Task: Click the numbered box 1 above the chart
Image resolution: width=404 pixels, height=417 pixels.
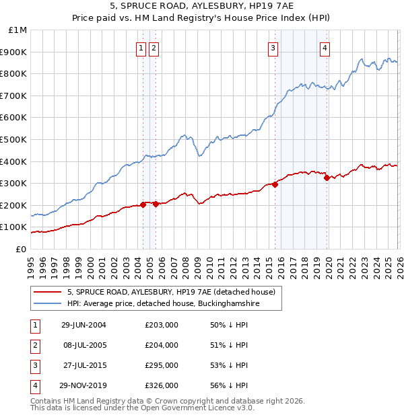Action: (141, 48)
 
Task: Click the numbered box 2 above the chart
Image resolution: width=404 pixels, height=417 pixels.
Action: (154, 48)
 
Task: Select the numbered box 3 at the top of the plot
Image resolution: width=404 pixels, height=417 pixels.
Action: (273, 48)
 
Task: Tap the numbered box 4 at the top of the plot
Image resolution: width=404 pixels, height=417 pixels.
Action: (325, 48)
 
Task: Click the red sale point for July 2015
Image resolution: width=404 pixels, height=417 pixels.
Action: (275, 184)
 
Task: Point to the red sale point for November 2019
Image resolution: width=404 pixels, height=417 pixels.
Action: (327, 178)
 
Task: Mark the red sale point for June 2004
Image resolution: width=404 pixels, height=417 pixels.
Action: (143, 204)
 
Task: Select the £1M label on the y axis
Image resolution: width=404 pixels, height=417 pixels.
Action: (18, 30)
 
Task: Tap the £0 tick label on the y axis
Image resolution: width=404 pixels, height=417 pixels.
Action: (21, 249)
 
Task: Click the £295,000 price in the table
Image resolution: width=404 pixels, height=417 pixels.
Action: (162, 365)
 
